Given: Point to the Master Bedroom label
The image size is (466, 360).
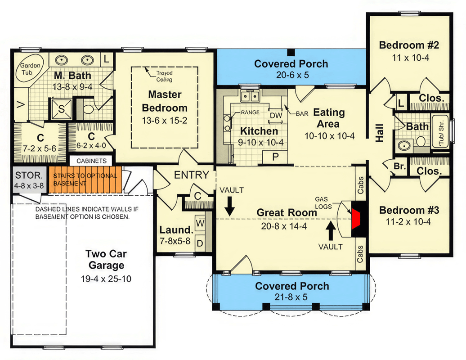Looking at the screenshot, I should (x=165, y=101).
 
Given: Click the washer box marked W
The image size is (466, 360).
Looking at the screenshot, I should (x=200, y=223).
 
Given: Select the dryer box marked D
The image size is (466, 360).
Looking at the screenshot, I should (x=200, y=243).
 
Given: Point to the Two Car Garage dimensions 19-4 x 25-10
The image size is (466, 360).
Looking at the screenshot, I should (x=106, y=279).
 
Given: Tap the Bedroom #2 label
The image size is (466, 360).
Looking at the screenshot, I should (x=408, y=45).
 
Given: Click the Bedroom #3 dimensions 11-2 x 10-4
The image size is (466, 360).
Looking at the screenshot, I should (x=408, y=221).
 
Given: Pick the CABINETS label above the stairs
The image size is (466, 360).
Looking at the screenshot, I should (x=91, y=161).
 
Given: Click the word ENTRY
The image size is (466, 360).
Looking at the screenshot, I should (x=191, y=175).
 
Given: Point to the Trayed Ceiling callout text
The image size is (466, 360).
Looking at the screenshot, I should (x=164, y=76).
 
